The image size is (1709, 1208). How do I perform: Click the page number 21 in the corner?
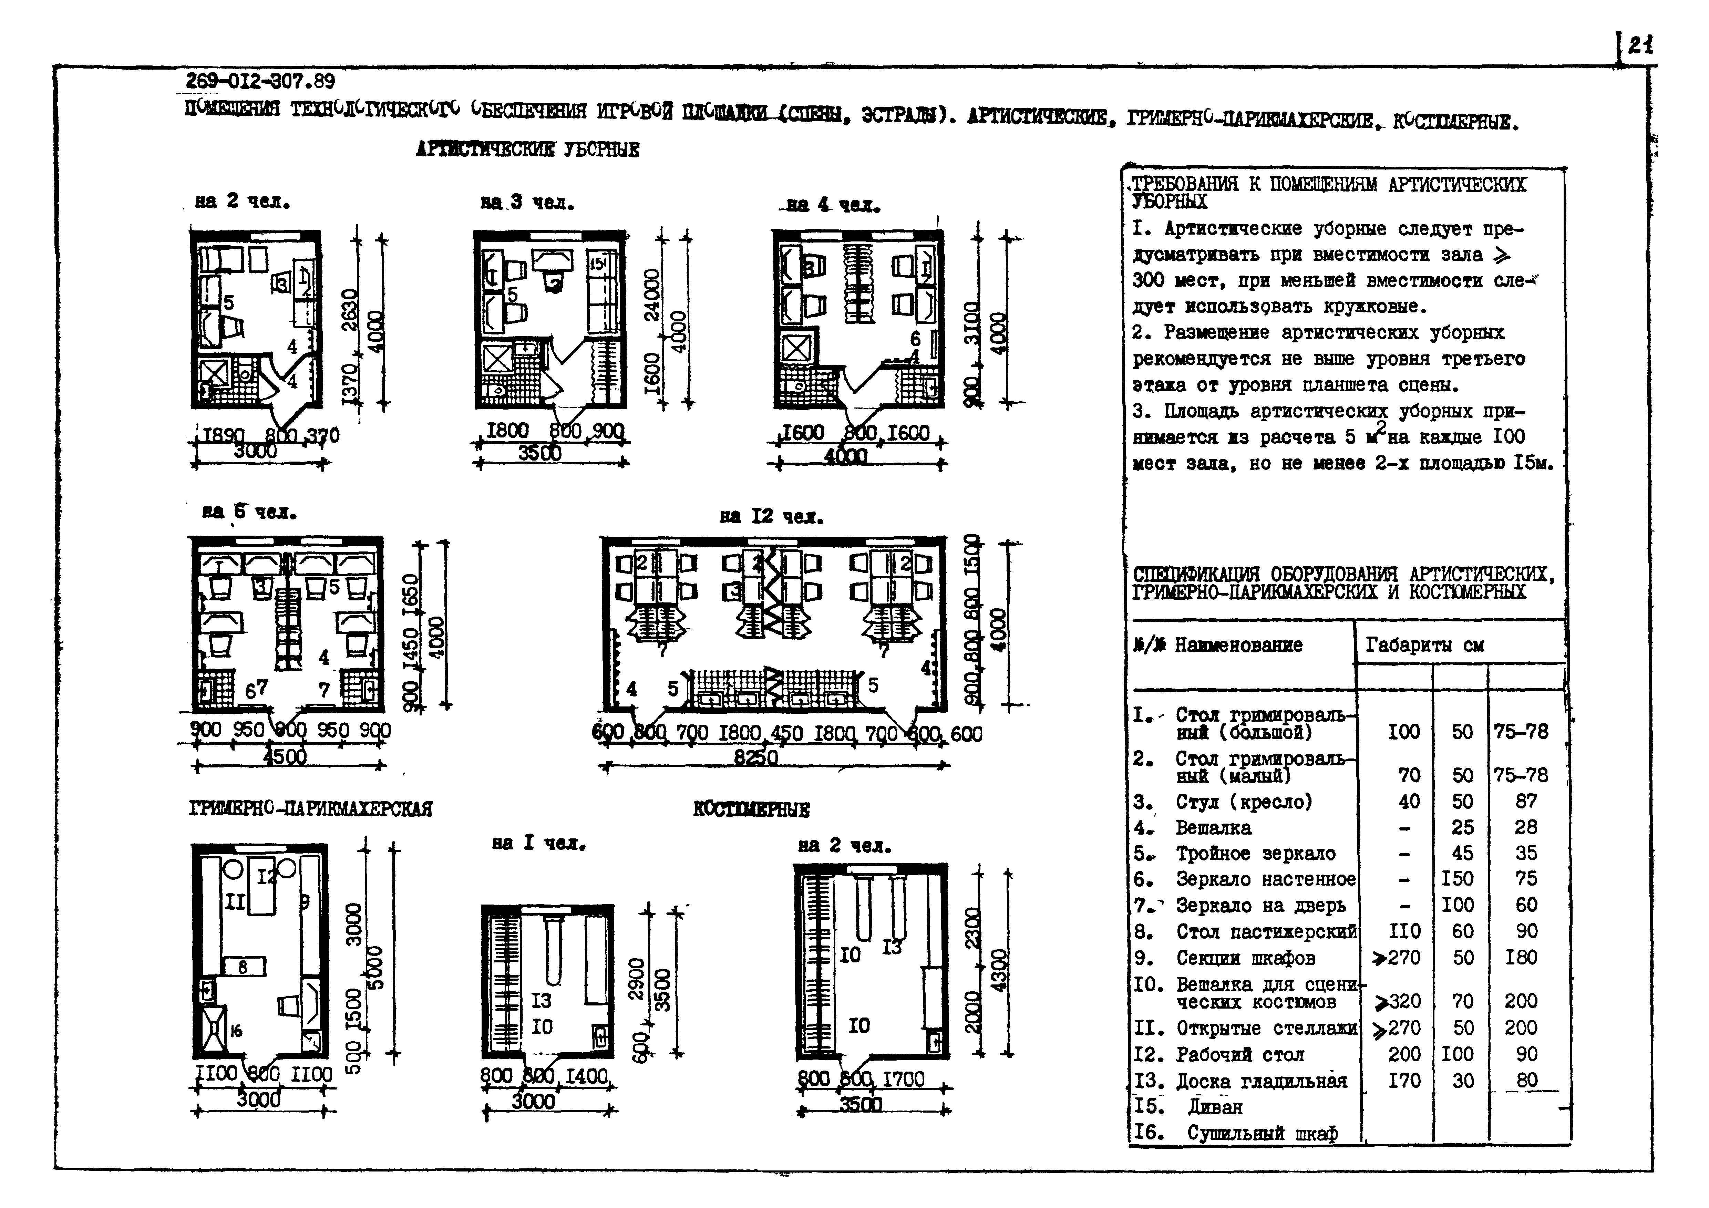pyautogui.click(x=1640, y=46)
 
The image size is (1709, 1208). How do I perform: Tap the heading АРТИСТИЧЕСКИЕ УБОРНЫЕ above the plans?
pyautogui.click(x=527, y=149)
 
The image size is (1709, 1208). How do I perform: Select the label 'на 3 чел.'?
pyautogui.click(x=527, y=203)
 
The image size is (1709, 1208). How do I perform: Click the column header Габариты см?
pyautogui.click(x=1424, y=644)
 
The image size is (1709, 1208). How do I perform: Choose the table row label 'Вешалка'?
pyautogui.click(x=1213, y=828)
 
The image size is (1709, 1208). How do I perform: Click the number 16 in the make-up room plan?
pyautogui.click(x=236, y=1031)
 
